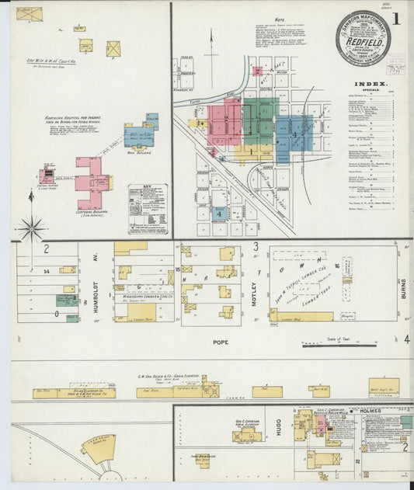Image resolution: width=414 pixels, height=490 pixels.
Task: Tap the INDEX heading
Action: (367, 83)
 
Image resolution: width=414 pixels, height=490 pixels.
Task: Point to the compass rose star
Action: (33, 228)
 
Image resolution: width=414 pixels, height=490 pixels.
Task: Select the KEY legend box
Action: (148, 209)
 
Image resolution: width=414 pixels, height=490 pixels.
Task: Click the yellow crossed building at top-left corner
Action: (30, 14)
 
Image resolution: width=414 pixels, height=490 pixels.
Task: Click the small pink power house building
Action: (47, 175)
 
